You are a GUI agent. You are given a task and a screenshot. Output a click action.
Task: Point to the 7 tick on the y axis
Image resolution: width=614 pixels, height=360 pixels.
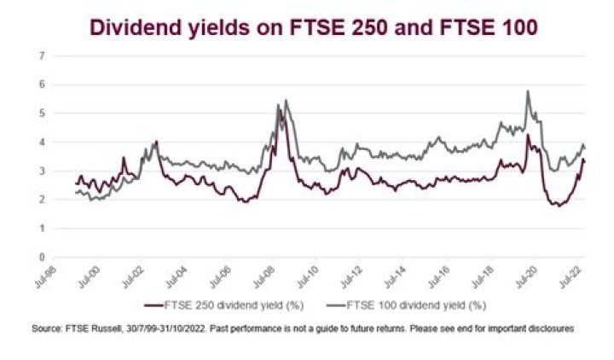point(42,56)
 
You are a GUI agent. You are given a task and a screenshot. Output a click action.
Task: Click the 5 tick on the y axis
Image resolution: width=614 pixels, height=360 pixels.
point(42,113)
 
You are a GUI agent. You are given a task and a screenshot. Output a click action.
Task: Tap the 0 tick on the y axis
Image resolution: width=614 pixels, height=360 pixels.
point(42,257)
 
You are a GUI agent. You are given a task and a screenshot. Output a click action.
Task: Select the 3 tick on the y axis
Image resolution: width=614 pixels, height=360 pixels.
point(42,171)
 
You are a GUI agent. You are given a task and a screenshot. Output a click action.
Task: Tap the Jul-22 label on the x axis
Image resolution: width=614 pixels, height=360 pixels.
point(576,275)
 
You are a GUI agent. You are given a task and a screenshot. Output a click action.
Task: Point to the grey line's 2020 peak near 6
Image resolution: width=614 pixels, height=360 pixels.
point(528,91)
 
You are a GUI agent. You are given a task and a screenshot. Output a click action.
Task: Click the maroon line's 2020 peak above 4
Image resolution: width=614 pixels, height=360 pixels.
point(528,135)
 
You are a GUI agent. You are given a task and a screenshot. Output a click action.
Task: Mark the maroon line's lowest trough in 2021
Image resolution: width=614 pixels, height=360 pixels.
point(558,206)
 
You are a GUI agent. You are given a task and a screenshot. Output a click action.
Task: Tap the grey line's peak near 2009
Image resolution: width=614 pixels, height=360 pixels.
point(286,101)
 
